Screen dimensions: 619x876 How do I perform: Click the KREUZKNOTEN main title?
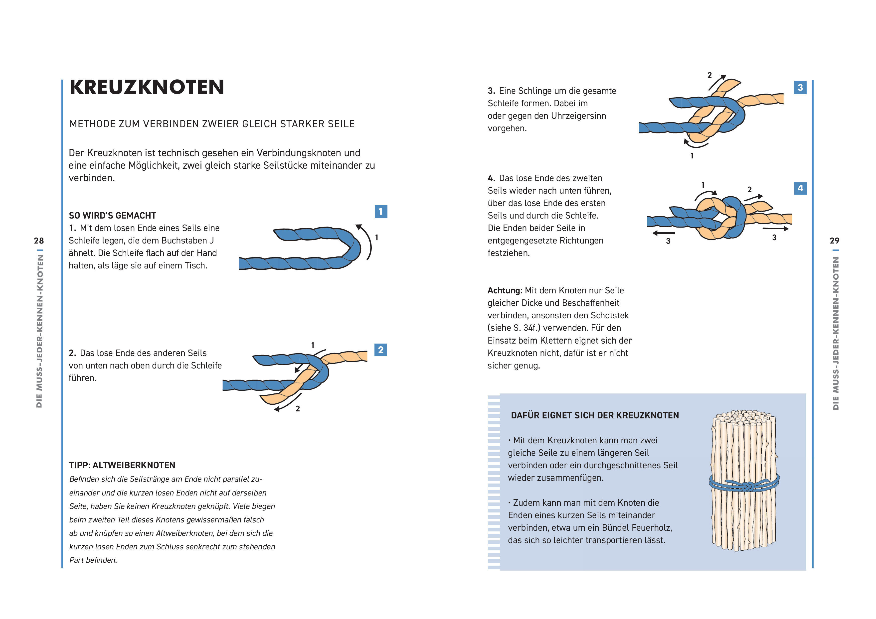pyautogui.click(x=147, y=87)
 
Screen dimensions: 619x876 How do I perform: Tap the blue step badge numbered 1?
pyautogui.click(x=380, y=212)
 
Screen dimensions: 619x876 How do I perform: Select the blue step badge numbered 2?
pyautogui.click(x=380, y=350)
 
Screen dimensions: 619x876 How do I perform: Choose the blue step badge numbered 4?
pyautogui.click(x=800, y=188)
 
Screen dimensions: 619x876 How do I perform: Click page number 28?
pyautogui.click(x=39, y=241)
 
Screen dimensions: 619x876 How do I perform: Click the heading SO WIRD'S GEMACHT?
pyautogui.click(x=113, y=216)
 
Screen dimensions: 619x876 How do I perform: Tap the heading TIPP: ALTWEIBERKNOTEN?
pyautogui.click(x=122, y=465)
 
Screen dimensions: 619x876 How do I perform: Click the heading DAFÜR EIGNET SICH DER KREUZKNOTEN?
pyautogui.click(x=595, y=415)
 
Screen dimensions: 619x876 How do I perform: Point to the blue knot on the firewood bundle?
pyautogui.click(x=747, y=486)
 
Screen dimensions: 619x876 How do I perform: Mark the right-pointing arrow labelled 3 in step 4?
pyautogui.click(x=776, y=229)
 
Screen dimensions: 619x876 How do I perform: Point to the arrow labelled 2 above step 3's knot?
pyautogui.click(x=717, y=82)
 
